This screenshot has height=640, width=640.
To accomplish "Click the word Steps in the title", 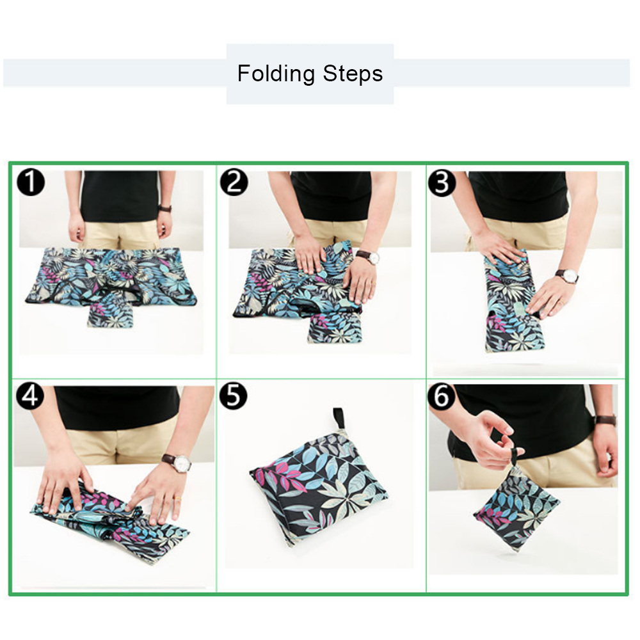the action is (353, 74).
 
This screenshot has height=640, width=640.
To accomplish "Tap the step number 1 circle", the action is (31, 182).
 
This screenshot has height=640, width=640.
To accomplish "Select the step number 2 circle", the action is (234, 182).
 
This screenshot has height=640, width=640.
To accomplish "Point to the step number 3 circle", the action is (442, 182).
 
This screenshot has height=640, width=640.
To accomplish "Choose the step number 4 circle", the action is (30, 396).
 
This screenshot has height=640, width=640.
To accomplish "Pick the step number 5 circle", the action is (233, 396).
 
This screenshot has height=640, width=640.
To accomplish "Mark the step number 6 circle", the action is (441, 396).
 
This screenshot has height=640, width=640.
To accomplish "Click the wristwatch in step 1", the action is (165, 209).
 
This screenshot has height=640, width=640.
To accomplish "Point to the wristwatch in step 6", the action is (605, 420).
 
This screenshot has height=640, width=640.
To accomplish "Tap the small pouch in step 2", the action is (335, 328).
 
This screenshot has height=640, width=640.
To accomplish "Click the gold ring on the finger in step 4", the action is (178, 499).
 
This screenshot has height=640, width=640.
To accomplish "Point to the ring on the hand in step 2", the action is (372, 282).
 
